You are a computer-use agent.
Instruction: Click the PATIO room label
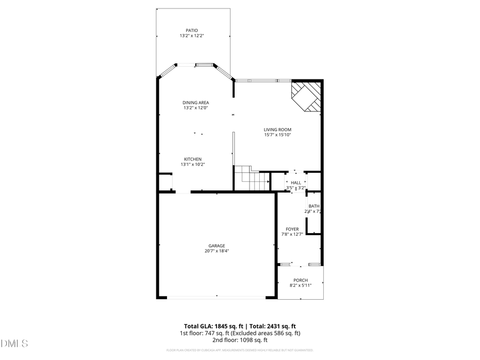tap(192, 30)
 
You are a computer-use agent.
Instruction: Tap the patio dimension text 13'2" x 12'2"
tap(192, 36)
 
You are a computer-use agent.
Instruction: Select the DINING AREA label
tap(196, 102)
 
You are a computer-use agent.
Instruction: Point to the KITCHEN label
tap(193, 159)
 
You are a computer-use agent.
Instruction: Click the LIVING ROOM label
tap(277, 129)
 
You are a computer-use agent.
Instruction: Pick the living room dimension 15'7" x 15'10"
tap(277, 135)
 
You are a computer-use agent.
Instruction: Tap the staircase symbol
tap(252, 178)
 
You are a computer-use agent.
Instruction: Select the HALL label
tap(295, 182)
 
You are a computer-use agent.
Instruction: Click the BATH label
tap(314, 206)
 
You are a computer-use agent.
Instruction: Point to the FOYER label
tap(292, 229)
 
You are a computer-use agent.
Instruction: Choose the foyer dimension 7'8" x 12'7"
tap(292, 235)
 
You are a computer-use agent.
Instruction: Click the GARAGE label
tap(217, 246)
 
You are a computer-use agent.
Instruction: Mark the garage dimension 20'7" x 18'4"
tap(217, 251)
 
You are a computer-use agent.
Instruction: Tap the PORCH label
tap(300, 280)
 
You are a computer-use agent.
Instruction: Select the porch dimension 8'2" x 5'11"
tap(300, 285)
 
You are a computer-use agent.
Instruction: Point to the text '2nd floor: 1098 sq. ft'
tap(240, 340)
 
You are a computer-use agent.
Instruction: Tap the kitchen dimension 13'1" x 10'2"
tap(193, 164)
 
